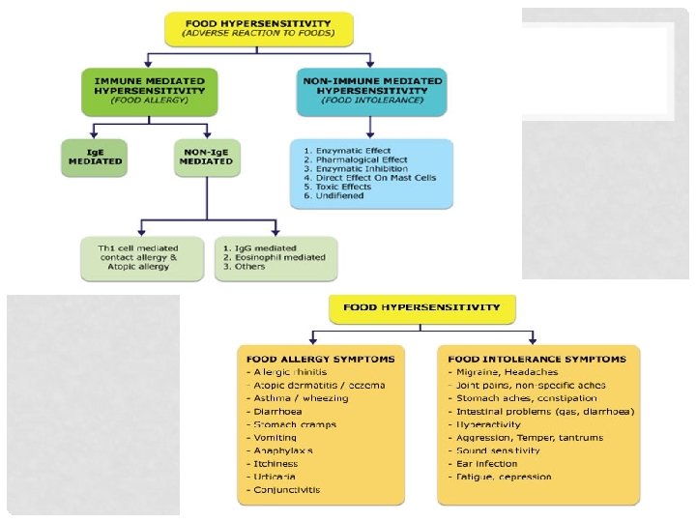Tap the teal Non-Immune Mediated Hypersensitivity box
[x=371, y=88]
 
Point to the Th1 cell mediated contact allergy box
[x=142, y=258]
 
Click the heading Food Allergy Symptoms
[x=321, y=359]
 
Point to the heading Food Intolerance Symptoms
[x=537, y=359]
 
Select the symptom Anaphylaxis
[x=280, y=450]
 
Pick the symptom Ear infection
[x=485, y=464]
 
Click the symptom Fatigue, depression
[x=500, y=477]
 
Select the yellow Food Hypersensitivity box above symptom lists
[x=422, y=308]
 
